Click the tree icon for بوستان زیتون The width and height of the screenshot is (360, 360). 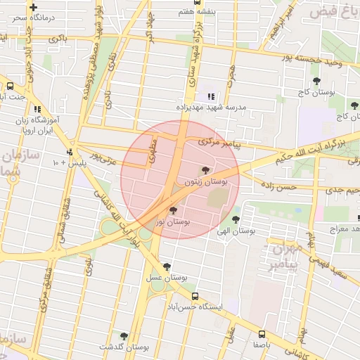click(205, 170)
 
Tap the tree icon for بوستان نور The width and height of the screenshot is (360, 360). click(173, 210)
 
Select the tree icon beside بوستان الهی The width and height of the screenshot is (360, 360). click(236, 219)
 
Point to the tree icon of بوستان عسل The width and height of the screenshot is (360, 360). click(167, 266)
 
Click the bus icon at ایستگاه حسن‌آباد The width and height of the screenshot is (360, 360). click(195, 296)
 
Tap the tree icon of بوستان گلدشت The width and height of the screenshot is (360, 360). click(124, 336)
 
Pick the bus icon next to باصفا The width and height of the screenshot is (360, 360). click(262, 334)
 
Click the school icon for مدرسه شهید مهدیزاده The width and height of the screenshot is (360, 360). click(210, 96)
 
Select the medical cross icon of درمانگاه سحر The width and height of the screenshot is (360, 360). click(32, 6)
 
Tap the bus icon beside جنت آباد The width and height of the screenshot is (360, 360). click(9, 86)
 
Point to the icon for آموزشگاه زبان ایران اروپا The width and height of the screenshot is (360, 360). click(37, 110)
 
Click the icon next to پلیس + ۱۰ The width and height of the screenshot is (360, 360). click(70, 152)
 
